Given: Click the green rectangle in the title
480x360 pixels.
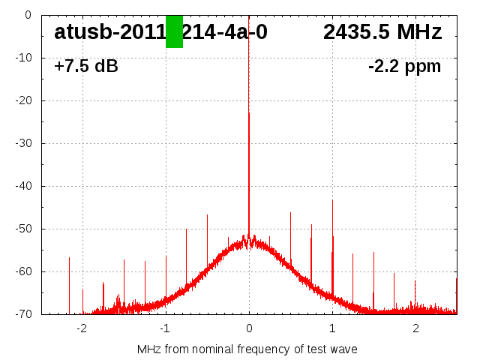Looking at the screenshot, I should pos(174,31).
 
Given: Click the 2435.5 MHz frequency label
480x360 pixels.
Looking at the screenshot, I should pos(382,32).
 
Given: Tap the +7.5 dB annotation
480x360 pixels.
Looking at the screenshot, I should pos(86,66).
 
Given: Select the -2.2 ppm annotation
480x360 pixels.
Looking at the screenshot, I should pos(405,66).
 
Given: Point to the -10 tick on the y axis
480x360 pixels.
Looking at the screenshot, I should pos(23,58).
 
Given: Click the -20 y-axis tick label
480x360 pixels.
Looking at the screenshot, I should pos(23,100).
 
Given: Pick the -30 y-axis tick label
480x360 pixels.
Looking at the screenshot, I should pos(23,143).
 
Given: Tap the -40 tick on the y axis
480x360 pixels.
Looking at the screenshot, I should pos(23,186).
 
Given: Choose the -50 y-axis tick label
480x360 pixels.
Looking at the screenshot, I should pos(23,229).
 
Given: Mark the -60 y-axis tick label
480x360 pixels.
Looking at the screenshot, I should pos(23,271).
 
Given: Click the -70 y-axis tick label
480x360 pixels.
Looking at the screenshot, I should pos(23,314).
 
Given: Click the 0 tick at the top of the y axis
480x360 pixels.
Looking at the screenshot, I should pos(28,15).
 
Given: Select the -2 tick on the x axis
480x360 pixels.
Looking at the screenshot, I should pos(82,328).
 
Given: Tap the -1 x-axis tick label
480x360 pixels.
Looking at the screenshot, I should pos(165,328).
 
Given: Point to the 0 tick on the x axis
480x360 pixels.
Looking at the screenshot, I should pos(249,328).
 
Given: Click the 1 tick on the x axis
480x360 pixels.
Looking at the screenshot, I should pos(332,328).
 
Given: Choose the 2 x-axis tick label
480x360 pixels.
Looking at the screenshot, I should pos(415,328).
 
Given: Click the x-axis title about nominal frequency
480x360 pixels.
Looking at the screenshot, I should pos(247,349).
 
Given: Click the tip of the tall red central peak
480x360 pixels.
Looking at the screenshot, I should pos(249,113).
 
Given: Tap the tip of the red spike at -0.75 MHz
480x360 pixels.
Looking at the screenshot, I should pos(187,229).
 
